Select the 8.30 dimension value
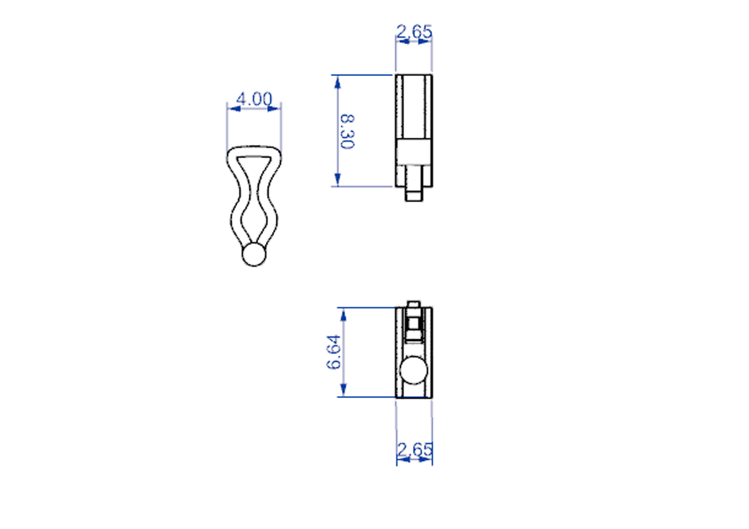click(x=347, y=132)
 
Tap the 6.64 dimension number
click(x=333, y=352)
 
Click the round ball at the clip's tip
click(x=254, y=254)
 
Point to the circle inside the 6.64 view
click(x=414, y=370)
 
